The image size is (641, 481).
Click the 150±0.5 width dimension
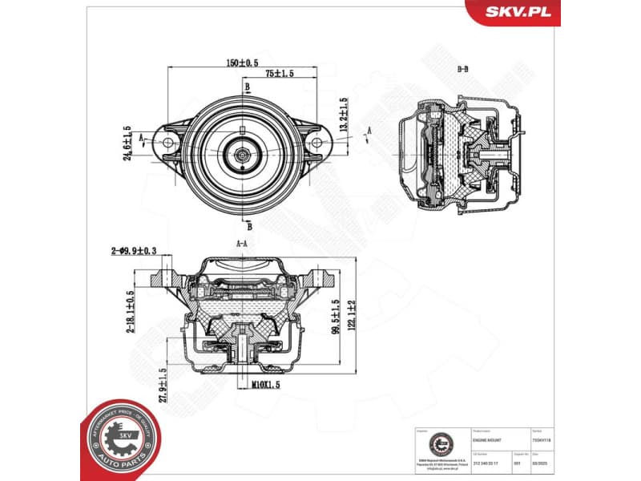[241, 63]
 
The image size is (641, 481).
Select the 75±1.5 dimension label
[280, 73]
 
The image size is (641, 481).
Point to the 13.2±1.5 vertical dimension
[344, 115]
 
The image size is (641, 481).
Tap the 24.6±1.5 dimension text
[127, 143]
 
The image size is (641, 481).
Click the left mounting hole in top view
[167, 143]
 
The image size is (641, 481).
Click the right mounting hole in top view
[316, 143]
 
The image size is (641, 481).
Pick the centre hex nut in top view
[243, 150]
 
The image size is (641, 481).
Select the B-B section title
[462, 70]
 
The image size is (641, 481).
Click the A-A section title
[241, 243]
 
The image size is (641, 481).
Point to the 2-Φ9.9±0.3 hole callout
[134, 251]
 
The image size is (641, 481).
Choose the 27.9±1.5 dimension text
[163, 386]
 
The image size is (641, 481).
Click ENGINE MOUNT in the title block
[490, 441]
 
